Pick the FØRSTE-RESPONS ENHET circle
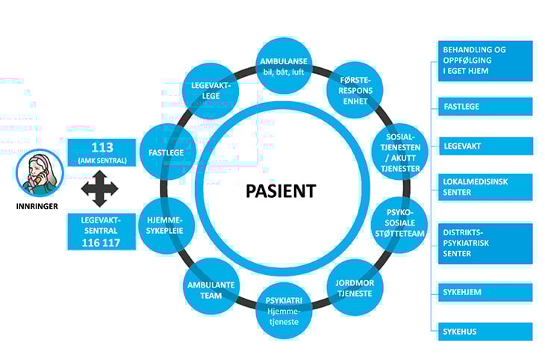tap(355, 91)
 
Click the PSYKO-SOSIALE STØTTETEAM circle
tap(399, 226)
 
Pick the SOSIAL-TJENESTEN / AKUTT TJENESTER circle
tap(400, 153)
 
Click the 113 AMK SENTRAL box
tap(101, 152)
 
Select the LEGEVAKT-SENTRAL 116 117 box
tap(102, 231)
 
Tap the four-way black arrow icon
tap(100, 190)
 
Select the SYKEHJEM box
tap(485, 292)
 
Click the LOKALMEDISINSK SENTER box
tap(485, 187)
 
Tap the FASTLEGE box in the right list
tap(485, 107)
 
